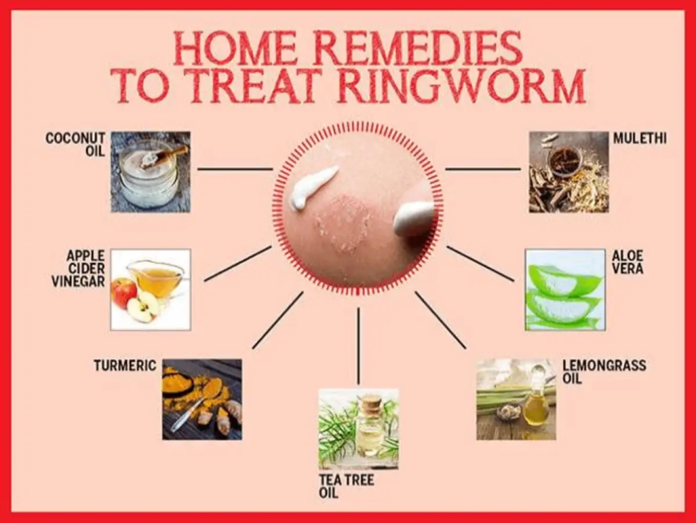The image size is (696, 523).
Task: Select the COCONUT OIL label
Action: tap(76, 144)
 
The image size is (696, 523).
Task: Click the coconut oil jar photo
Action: tap(150, 171)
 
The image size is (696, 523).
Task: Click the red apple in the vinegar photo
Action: tap(124, 293)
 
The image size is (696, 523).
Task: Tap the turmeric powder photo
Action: tap(202, 399)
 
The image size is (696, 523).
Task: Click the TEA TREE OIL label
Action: tap(345, 485)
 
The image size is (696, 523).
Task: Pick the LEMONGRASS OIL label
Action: tap(603, 372)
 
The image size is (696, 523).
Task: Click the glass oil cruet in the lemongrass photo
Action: tap(537, 400)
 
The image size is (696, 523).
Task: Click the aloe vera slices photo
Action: tap(565, 289)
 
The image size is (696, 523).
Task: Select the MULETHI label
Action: tap(639, 139)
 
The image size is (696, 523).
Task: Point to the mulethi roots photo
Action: tap(568, 171)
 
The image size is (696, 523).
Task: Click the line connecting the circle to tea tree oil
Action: tap(358, 345)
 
